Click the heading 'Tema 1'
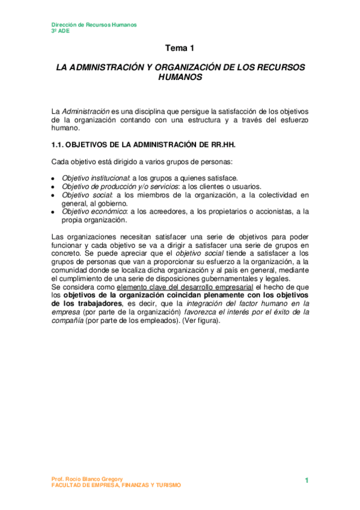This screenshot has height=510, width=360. pos(180,48)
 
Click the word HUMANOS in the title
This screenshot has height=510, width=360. pos(180,78)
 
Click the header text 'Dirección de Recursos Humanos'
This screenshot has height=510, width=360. pos(94,25)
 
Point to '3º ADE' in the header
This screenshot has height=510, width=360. pos(60,31)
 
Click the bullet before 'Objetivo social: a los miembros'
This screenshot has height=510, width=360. pos(53,195)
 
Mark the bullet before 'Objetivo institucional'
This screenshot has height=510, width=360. pos(53,178)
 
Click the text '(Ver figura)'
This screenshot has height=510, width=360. pos(203,321)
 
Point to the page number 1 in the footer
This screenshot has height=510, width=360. pos(307,480)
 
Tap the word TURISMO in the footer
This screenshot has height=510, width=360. pos(163,485)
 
